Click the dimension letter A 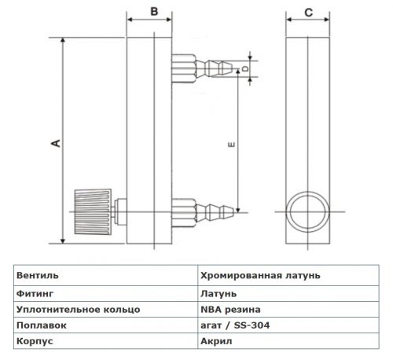56,143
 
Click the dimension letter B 154,12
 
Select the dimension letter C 309,13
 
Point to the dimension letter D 245,68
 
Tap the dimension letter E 232,145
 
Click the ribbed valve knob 93,211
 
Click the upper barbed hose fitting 202,68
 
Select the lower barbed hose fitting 203,212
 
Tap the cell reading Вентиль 38,276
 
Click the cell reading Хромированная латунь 260,276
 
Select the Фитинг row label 35,294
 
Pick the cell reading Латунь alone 219,294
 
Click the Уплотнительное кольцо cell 79,310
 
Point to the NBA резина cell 230,310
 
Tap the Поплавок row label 42,325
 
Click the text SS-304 252,325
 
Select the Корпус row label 35,341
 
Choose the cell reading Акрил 216,341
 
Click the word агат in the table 211,325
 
